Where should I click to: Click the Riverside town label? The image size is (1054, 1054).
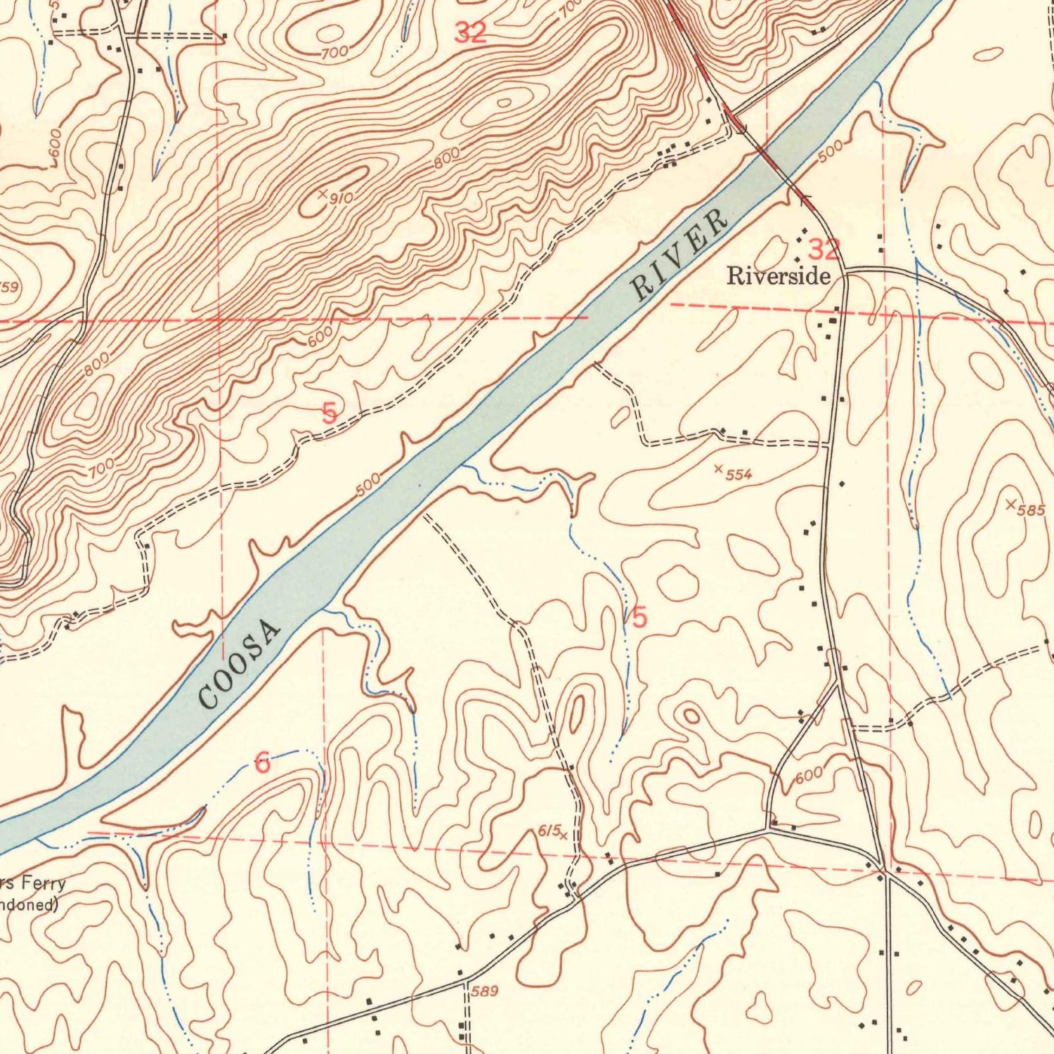pyautogui.click(x=778, y=275)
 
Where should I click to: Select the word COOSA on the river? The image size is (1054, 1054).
pyautogui.click(x=240, y=663)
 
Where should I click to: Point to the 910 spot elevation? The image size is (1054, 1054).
pyautogui.click(x=336, y=197)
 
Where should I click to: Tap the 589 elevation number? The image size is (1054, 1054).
pyautogui.click(x=484, y=991)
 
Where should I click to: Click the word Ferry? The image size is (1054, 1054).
pyautogui.click(x=42, y=883)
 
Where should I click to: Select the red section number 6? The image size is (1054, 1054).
pyautogui.click(x=262, y=762)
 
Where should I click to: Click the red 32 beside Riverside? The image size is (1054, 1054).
pyautogui.click(x=824, y=249)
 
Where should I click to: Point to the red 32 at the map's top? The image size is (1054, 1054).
pyautogui.click(x=470, y=32)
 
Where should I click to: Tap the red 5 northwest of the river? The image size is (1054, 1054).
pyautogui.click(x=329, y=412)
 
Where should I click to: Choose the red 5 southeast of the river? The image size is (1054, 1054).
pyautogui.click(x=639, y=618)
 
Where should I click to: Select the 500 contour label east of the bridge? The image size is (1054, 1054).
pyautogui.click(x=830, y=150)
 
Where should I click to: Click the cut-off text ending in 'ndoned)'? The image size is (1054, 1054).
pyautogui.click(x=28, y=904)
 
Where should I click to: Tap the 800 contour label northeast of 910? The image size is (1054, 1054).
pyautogui.click(x=447, y=157)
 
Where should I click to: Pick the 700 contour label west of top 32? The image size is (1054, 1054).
pyautogui.click(x=334, y=52)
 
